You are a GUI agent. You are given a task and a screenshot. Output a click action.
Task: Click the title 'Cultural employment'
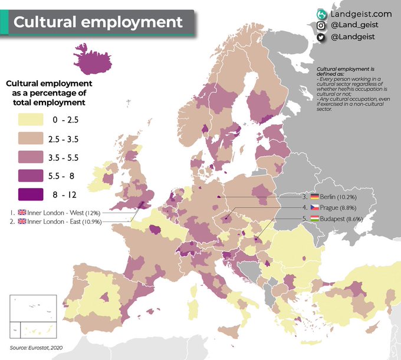98,22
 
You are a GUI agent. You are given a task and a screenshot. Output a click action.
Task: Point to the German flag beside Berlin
315,197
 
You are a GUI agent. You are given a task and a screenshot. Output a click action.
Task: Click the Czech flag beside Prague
315,208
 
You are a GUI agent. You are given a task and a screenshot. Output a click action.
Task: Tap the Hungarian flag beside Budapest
315,219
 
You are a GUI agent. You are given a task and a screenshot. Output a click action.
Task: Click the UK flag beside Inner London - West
22,212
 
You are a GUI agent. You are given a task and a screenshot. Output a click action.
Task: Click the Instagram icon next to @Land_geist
321,25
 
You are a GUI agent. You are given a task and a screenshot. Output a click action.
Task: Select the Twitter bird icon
321,37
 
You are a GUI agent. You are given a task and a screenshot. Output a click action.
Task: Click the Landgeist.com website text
361,13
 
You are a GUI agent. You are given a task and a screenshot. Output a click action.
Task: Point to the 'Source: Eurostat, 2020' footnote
37,347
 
